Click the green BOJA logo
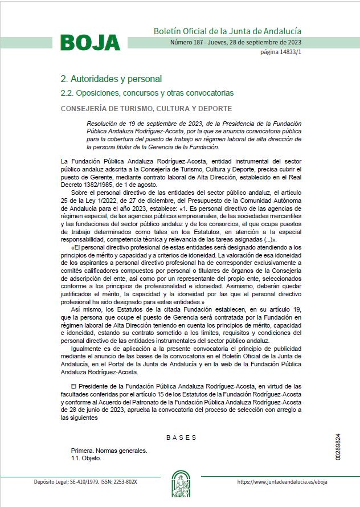point(90,43)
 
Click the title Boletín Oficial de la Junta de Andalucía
point(227,31)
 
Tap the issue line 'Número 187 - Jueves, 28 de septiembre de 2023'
point(236,43)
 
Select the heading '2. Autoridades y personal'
point(111,79)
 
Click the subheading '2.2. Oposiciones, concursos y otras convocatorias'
point(147,92)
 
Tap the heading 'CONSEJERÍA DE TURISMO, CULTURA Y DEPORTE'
point(146,108)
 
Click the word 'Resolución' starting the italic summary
point(101,124)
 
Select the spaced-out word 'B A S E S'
point(181,438)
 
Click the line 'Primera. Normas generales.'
point(109,451)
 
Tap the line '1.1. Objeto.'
point(86,458)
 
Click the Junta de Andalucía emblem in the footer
point(181,483)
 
